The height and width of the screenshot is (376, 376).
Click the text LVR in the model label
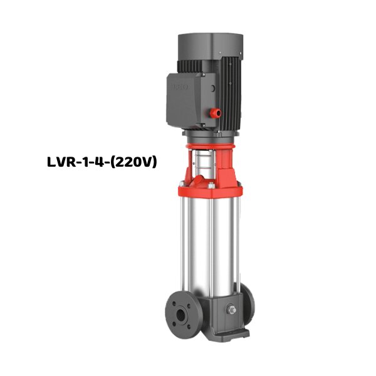(x=62, y=162)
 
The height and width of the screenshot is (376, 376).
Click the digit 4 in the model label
(x=102, y=162)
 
